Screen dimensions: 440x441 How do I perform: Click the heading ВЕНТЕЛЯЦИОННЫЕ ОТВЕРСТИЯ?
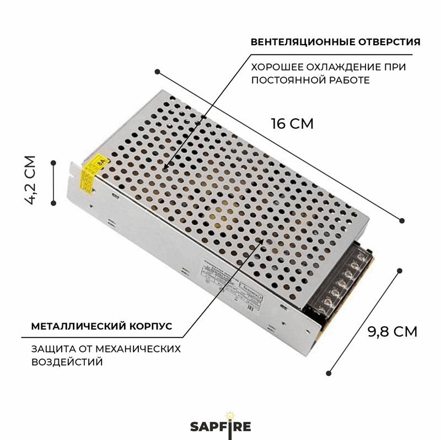336,42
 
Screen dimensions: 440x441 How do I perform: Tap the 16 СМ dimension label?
292,123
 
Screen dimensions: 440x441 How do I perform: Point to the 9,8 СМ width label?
392,332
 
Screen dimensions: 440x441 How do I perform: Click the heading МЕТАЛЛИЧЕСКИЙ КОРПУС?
101,326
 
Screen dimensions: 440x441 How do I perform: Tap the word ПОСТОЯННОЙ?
287,80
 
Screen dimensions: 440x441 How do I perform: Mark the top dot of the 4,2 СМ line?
53,162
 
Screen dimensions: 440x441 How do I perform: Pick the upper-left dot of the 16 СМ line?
157,72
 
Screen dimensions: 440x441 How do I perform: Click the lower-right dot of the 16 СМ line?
402,220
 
